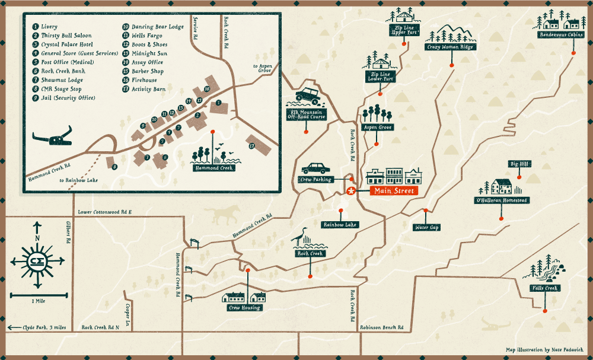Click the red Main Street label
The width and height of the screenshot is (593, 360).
(394, 191)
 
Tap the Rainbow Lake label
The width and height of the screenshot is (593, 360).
(340, 225)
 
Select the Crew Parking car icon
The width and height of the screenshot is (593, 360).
(315, 169)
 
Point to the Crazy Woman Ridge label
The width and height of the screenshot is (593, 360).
(449, 47)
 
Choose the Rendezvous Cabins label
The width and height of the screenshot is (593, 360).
(560, 35)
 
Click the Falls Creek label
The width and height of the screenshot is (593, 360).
(544, 288)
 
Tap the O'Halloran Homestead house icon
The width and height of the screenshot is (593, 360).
(501, 187)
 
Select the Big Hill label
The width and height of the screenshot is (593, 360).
(518, 164)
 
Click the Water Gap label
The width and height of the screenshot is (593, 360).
(427, 227)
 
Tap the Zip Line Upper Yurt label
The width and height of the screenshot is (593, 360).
(404, 30)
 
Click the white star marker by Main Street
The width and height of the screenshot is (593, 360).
(351, 191)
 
